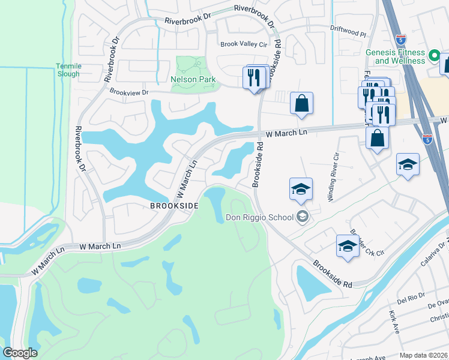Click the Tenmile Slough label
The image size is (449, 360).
67,70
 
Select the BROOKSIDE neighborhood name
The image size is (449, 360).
174,205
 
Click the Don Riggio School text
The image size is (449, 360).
259,217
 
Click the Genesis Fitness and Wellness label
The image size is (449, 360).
396,56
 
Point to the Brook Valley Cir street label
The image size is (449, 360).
243,44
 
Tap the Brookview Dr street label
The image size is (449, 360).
128,92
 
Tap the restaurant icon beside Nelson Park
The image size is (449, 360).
254,77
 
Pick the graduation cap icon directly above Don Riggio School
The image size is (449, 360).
301,190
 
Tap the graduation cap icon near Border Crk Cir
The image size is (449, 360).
348,245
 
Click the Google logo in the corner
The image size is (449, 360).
20,353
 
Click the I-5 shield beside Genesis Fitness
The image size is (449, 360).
400,38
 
